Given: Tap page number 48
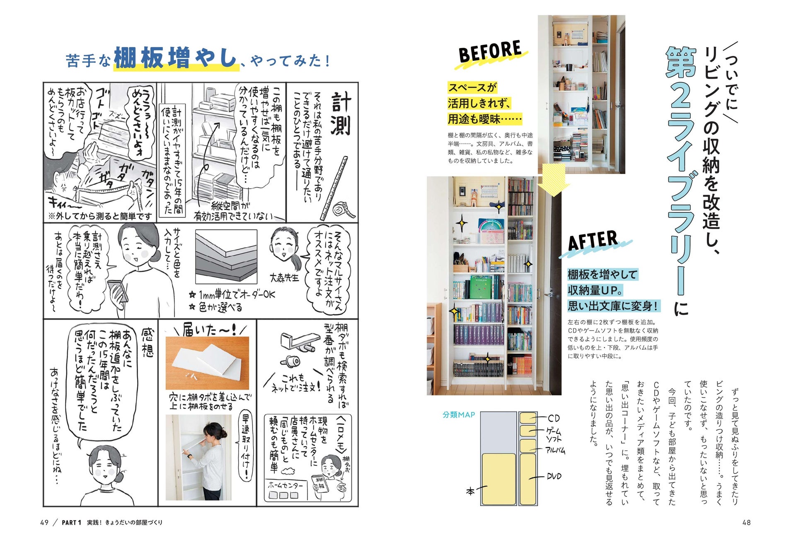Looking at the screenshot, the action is pyautogui.click(x=746, y=523).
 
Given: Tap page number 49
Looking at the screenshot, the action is pyautogui.click(x=44, y=523).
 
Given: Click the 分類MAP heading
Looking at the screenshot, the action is pyautogui.click(x=458, y=414).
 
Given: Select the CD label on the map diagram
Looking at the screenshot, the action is pyautogui.click(x=554, y=419).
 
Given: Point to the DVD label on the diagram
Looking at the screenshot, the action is pyautogui.click(x=554, y=476).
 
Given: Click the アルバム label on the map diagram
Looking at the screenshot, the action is pyautogui.click(x=555, y=450).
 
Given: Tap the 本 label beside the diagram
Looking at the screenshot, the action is pyautogui.click(x=470, y=492).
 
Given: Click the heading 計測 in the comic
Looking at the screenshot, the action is pyautogui.click(x=341, y=113).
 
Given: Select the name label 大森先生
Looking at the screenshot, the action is pyautogui.click(x=284, y=277).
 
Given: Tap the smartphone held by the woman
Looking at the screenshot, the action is pyautogui.click(x=118, y=290).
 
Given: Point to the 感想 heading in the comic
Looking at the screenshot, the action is pyautogui.click(x=147, y=342).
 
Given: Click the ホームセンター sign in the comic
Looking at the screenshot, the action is pyautogui.click(x=285, y=485).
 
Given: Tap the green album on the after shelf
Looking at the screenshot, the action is pyautogui.click(x=481, y=287).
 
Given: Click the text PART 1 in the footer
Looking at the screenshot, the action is pyautogui.click(x=71, y=523).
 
